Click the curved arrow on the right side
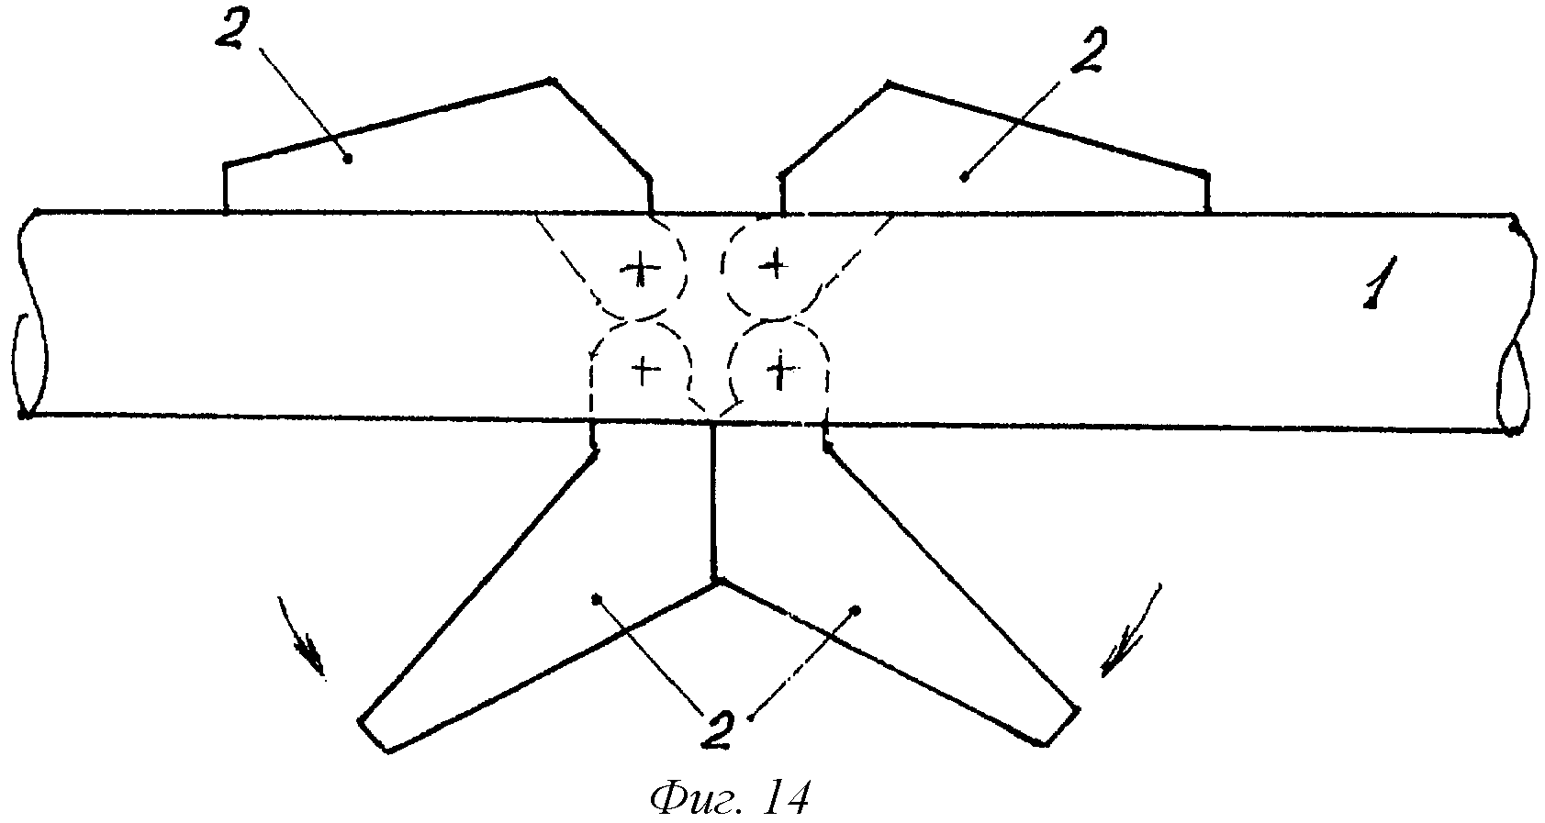[x=1131, y=629]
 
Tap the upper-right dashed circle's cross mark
[x=774, y=262]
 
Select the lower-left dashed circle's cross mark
[x=645, y=371]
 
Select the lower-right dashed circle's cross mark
[x=780, y=373]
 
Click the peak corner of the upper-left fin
[x=551, y=81]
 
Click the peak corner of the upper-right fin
[x=888, y=84]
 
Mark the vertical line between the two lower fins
[x=713, y=502]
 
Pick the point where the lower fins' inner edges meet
[x=717, y=582]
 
